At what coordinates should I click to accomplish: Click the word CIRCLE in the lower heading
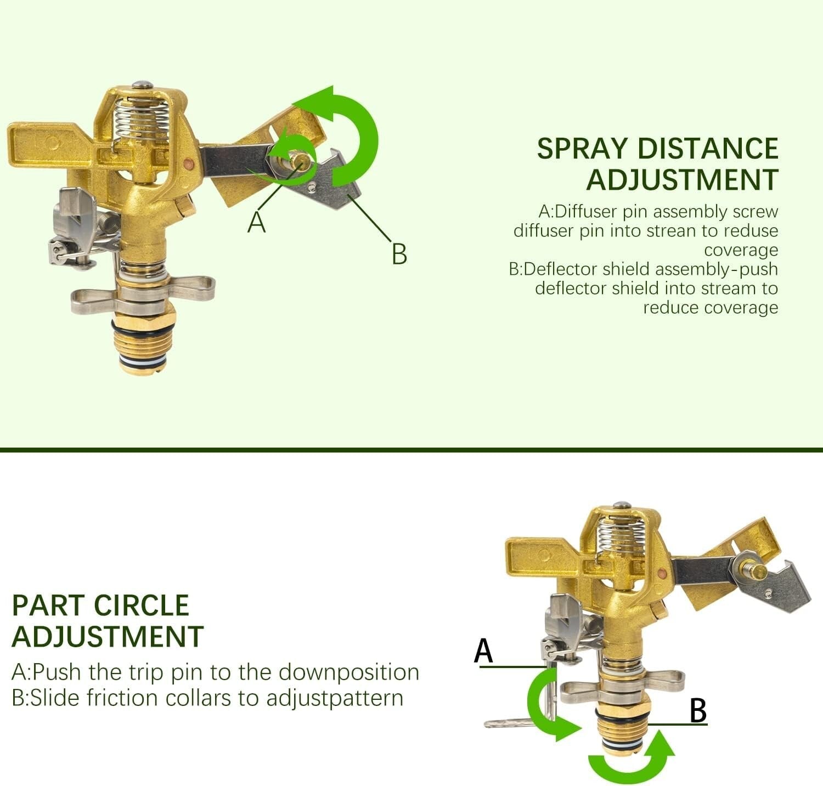point(141,606)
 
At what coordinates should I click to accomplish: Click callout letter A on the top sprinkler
point(256,222)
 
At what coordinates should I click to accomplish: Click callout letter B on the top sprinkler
point(399,254)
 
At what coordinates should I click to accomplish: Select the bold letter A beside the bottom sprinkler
point(483,651)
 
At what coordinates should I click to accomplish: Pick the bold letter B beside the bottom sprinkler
point(697,711)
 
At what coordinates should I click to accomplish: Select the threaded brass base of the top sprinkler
point(146,340)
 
